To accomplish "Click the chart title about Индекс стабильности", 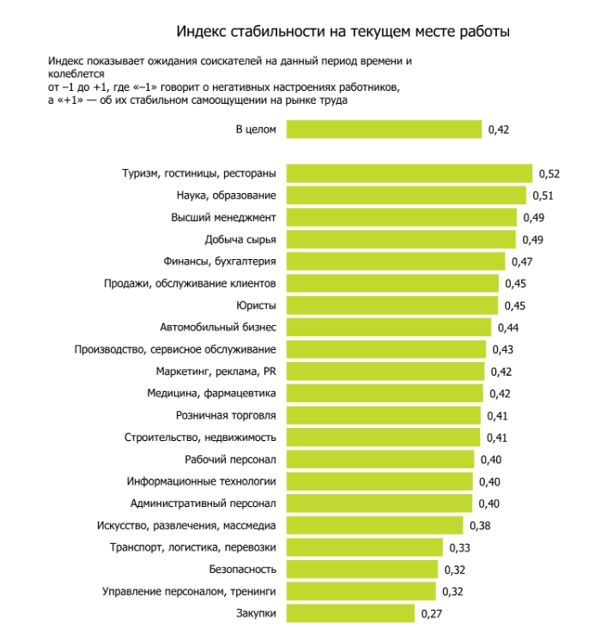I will pyautogui.click(x=343, y=31).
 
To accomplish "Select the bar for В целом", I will pyautogui.click(x=384, y=129).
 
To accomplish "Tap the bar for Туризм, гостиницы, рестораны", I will pyautogui.click(x=409, y=173).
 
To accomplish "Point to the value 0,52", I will pyautogui.click(x=549, y=174).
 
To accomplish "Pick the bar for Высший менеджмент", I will pyautogui.click(x=401, y=217).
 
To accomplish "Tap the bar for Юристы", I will pyautogui.click(x=391, y=305).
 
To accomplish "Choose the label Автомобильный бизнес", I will pyautogui.click(x=218, y=327).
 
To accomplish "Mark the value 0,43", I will pyautogui.click(x=501, y=350).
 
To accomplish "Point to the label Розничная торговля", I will pyautogui.click(x=226, y=415).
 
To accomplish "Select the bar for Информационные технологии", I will pyautogui.click(x=379, y=481).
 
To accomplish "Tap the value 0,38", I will pyautogui.click(x=479, y=526).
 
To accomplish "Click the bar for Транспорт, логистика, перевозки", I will pyautogui.click(x=364, y=547).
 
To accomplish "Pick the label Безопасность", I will pyautogui.click(x=242, y=569).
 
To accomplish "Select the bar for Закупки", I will pyautogui.click(x=350, y=613).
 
